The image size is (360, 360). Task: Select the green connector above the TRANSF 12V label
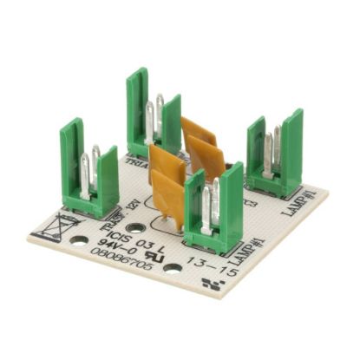90,169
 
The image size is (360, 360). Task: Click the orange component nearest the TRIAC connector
199,143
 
